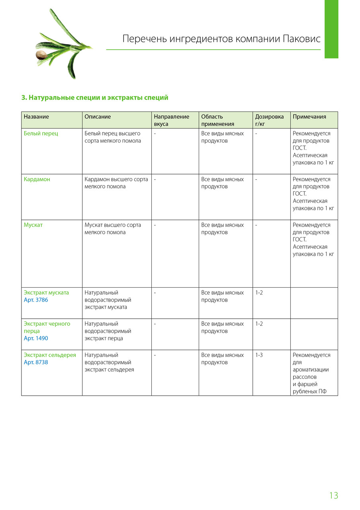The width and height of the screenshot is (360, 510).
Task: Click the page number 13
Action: (333, 495)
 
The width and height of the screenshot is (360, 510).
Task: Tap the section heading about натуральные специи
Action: (95, 98)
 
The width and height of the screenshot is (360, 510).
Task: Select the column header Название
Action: (36, 117)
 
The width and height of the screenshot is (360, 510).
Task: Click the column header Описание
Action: (98, 117)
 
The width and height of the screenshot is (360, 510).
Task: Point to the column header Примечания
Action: (309, 117)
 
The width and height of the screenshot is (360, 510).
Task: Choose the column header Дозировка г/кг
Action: (270, 120)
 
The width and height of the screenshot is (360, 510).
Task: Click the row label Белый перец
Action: (41, 133)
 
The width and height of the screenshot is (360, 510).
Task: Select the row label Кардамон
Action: (37, 179)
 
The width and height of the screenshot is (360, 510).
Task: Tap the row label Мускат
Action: (33, 225)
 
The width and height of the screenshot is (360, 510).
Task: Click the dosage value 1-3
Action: (259, 355)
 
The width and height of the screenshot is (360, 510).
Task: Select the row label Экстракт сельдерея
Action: (50, 355)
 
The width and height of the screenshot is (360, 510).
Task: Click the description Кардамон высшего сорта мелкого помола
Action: (116, 183)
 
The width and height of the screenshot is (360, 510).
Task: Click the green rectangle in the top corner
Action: (331, 29)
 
